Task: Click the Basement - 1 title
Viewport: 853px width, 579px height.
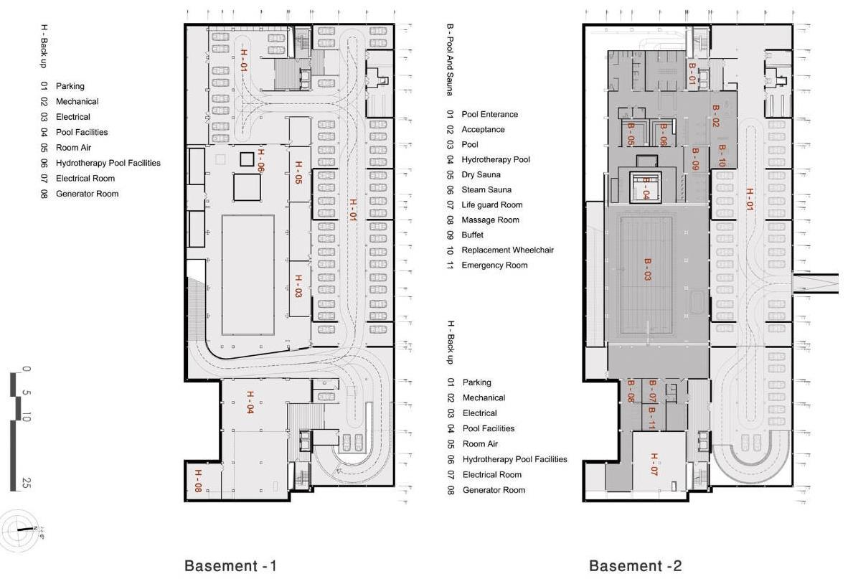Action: (230, 566)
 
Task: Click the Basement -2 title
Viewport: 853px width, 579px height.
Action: (635, 566)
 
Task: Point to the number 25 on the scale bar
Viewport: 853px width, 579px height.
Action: (27, 482)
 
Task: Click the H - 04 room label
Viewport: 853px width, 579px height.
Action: (250, 402)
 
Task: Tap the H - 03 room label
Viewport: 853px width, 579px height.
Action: (298, 285)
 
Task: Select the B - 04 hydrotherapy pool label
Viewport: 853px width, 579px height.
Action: (646, 189)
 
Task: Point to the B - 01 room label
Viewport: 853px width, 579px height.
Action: (692, 74)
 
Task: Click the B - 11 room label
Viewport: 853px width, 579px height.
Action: (651, 418)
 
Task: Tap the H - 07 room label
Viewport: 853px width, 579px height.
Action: (654, 464)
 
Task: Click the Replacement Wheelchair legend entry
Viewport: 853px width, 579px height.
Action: (507, 250)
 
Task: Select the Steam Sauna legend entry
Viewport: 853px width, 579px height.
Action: (486, 190)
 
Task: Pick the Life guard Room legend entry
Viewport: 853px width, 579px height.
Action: (491, 205)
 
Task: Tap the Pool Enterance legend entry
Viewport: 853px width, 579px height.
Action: (489, 115)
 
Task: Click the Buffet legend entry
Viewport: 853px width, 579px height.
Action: (472, 235)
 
